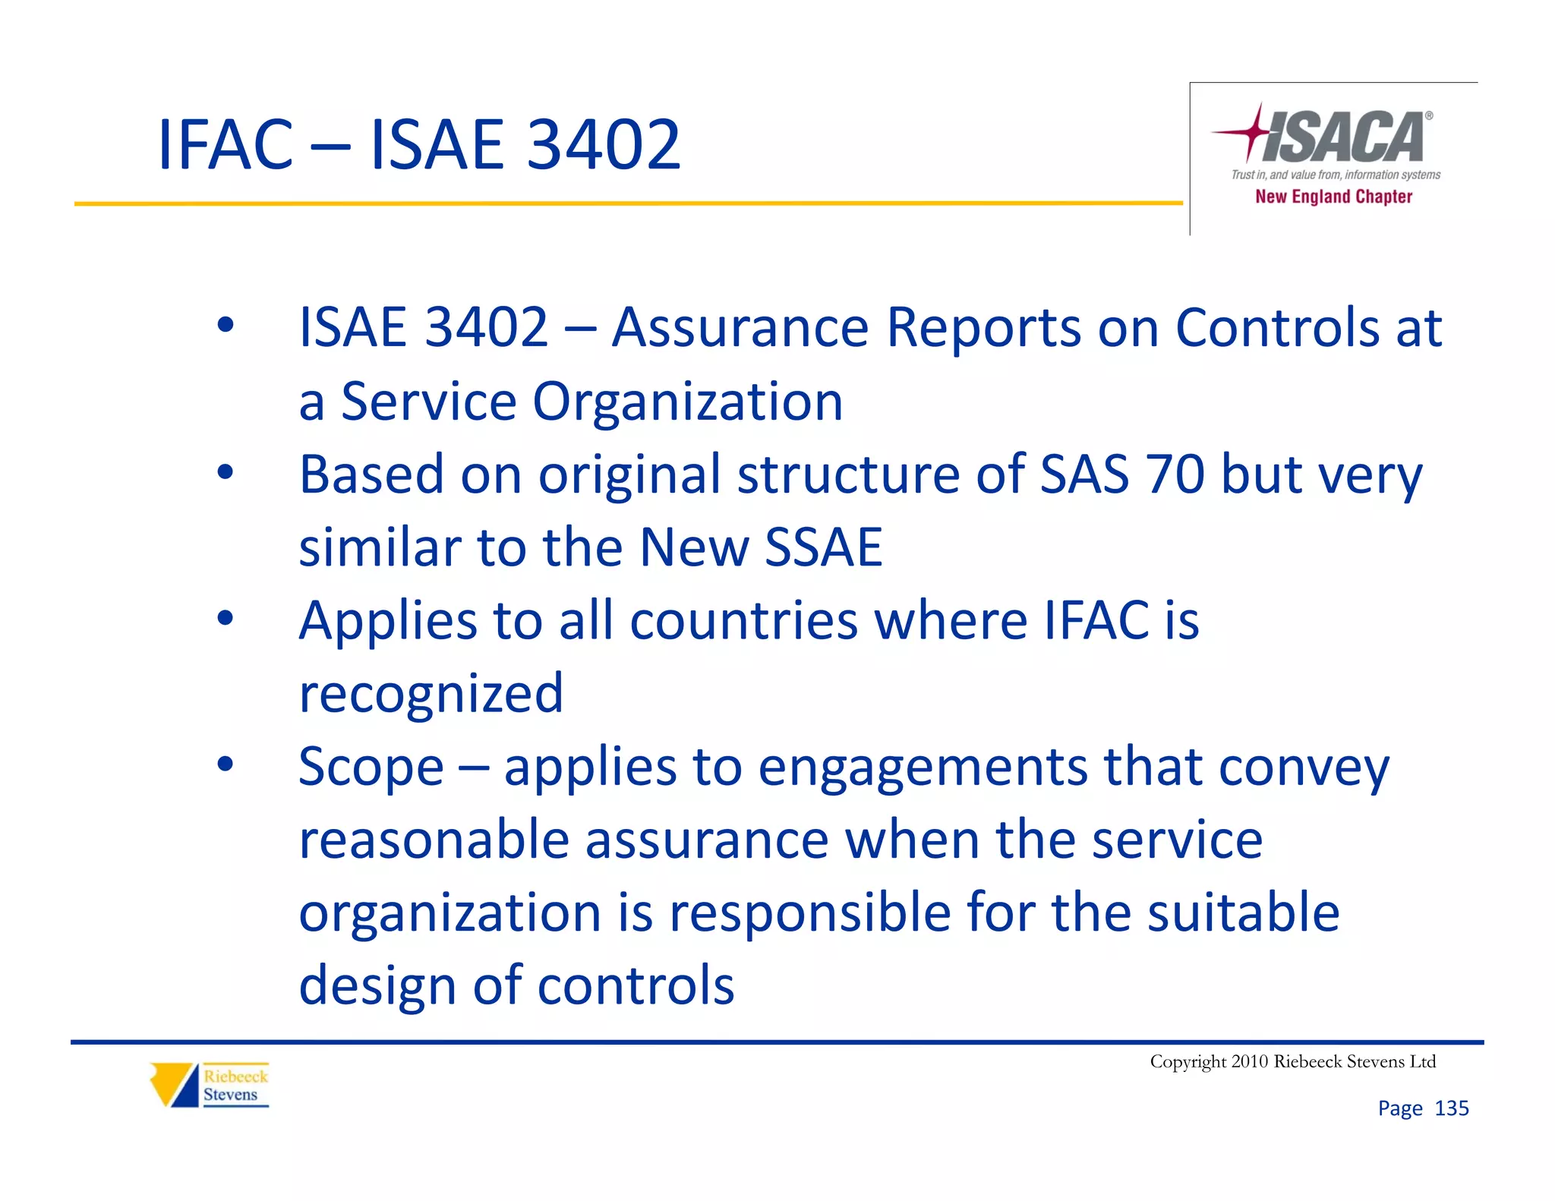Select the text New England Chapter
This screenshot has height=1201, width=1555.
pos(1333,197)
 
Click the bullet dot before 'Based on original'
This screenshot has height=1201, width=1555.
pos(226,472)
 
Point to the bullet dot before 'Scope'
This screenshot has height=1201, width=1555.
pos(226,764)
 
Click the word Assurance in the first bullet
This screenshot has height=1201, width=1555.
pos(740,328)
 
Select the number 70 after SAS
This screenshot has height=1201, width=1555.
pos(1175,474)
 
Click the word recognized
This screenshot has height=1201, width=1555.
pos(431,693)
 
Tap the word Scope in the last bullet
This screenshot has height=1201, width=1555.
pos(371,767)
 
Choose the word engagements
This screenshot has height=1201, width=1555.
pos(923,767)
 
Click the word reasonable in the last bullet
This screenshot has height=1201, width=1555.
pos(434,840)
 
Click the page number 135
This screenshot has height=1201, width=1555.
pos(1451,1108)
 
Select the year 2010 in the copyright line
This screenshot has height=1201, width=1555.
pos(1249,1061)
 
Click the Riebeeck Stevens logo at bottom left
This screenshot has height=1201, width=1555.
pos(210,1085)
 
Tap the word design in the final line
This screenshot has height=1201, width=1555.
pos(377,985)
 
